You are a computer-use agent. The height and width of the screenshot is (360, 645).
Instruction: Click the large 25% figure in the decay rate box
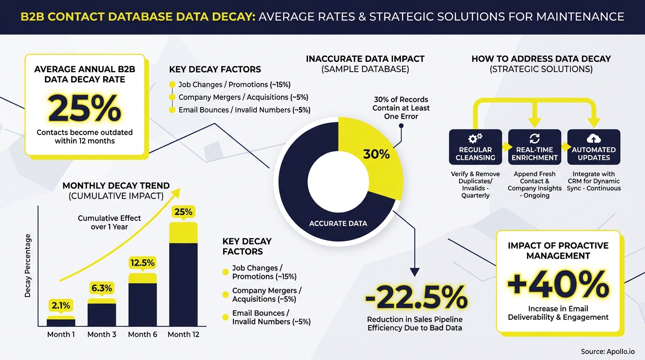84,108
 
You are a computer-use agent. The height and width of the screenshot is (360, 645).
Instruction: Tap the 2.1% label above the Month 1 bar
61,306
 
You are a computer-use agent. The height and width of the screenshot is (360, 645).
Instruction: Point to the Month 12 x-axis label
183,334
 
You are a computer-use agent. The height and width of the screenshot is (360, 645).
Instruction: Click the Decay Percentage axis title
28,265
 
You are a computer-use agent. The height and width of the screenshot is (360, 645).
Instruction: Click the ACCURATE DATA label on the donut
338,224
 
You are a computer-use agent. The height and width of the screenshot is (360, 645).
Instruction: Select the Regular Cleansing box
475,147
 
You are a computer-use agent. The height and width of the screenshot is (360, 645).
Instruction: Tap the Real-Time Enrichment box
534,147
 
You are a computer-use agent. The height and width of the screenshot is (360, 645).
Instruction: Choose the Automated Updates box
593,147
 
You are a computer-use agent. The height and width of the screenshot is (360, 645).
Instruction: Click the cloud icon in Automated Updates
593,139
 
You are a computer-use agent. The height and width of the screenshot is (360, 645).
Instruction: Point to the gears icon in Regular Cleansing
475,139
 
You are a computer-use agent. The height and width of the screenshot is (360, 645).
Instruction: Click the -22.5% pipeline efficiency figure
416,297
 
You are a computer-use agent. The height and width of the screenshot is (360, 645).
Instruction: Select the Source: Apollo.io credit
607,352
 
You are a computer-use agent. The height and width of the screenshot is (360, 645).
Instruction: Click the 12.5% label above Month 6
142,263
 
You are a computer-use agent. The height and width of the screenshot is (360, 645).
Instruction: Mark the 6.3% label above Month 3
102,288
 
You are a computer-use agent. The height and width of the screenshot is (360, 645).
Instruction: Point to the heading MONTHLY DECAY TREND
116,186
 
